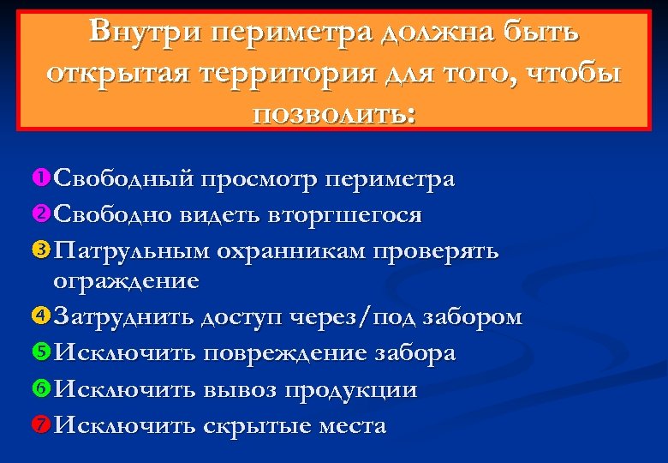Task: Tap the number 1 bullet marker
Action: [x=41, y=179]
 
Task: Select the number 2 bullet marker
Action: [x=41, y=214]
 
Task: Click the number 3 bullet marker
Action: [x=41, y=250]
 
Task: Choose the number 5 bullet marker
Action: [x=41, y=352]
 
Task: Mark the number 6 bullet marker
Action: [x=41, y=389]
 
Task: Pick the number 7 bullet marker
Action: [x=41, y=424]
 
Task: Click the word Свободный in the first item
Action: [x=124, y=179]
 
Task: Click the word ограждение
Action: [x=126, y=280]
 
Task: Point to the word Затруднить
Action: [x=123, y=318]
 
